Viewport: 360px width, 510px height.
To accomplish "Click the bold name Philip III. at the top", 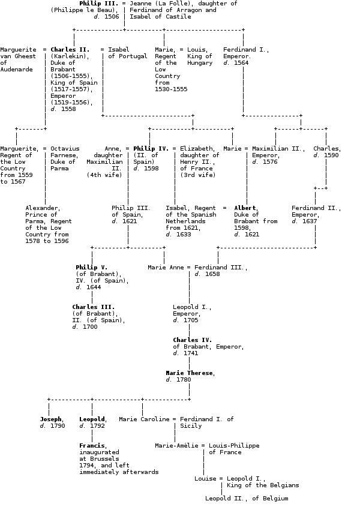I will point(98,4).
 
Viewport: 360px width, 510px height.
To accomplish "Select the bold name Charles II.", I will point(70,50).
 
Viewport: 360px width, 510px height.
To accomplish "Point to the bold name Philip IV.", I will point(151,148).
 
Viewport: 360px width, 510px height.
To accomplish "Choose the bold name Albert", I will point(245,208).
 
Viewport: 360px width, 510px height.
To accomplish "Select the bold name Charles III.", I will point(93,307).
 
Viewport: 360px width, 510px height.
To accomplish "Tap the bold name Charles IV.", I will point(192,340).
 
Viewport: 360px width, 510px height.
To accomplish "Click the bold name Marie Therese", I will point(189,373).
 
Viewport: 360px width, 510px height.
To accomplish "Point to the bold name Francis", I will point(92,446).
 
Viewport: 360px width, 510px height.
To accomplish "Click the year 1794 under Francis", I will point(88,466).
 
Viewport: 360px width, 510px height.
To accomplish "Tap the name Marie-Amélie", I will point(178,446).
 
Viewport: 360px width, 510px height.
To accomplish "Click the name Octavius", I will point(65,148).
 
